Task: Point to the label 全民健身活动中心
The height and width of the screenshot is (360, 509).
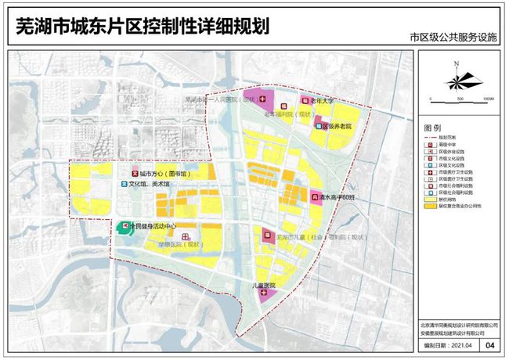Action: coord(157,225)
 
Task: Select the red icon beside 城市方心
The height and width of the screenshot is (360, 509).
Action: coord(135,172)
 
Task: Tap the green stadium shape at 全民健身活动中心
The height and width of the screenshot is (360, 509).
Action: coord(125,227)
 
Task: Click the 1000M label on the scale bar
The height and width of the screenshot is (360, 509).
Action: coord(486,99)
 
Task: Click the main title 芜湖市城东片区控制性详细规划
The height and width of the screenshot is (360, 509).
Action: coord(142,27)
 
